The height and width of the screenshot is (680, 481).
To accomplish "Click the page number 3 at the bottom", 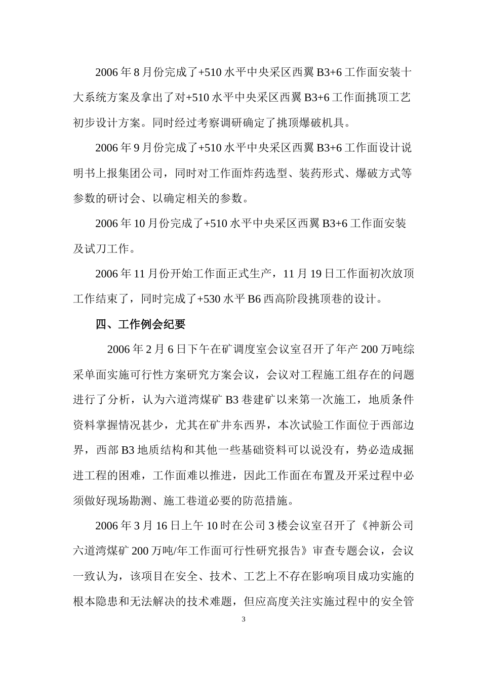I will coord(244,620).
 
